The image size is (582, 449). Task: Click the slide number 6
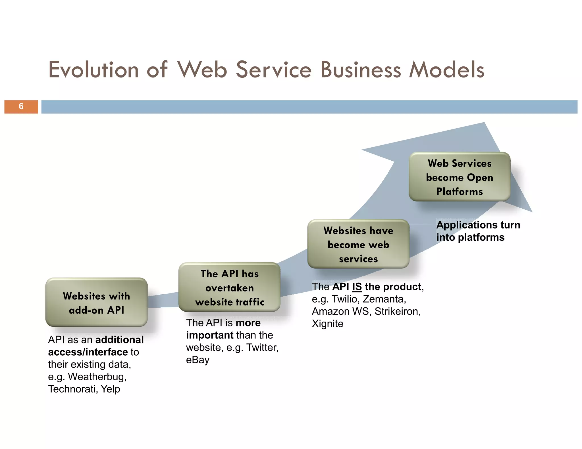(x=21, y=106)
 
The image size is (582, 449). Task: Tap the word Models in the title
(x=446, y=70)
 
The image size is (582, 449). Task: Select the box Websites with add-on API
(x=96, y=303)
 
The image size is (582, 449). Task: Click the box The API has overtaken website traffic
(x=229, y=288)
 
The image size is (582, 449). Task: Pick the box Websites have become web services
(x=358, y=244)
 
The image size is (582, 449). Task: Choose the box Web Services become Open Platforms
(x=459, y=177)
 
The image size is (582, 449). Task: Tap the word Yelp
(x=110, y=389)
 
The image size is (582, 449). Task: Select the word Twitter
(x=262, y=347)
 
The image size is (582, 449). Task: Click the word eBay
(x=198, y=360)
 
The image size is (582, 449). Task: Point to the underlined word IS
(x=357, y=287)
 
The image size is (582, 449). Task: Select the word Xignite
(x=327, y=324)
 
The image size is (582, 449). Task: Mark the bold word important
(x=210, y=335)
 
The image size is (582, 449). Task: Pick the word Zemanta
(x=384, y=299)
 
